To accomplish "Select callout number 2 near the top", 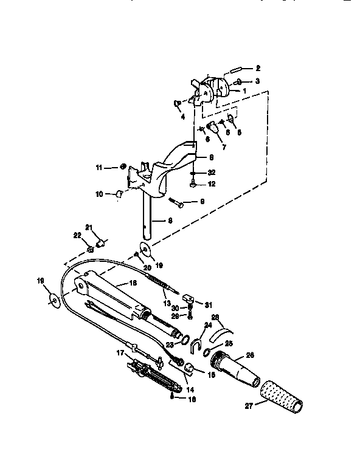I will point(257,67).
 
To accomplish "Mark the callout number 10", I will point(99,194).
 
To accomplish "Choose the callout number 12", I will point(211,184).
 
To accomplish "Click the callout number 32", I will point(211,172).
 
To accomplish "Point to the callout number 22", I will point(77,235).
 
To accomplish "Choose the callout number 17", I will point(120,352).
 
